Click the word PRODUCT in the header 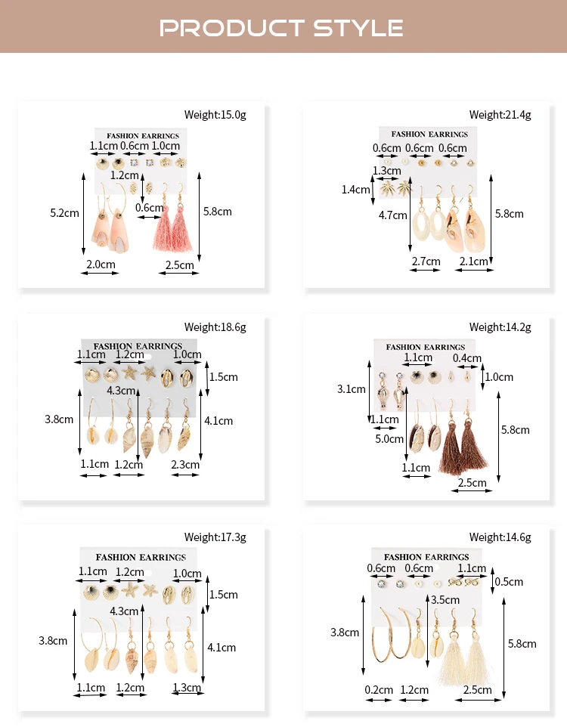click(231, 28)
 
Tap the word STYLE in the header click(358, 28)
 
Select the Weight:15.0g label click(215, 115)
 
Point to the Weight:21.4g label click(500, 115)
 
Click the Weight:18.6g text click(215, 327)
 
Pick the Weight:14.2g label click(500, 327)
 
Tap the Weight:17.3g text click(215, 537)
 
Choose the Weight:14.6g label click(500, 537)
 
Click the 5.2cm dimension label click(64, 213)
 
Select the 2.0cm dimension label click(101, 265)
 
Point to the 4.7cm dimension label click(392, 215)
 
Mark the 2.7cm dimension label click(426, 261)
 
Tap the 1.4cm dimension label click(356, 190)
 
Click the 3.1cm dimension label click(352, 389)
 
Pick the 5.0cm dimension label click(389, 438)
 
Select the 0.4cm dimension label click(466, 358)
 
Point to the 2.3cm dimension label click(185, 465)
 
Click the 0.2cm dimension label click(379, 690)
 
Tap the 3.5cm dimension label click(445, 600)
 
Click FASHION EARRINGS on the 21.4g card click(429, 135)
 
